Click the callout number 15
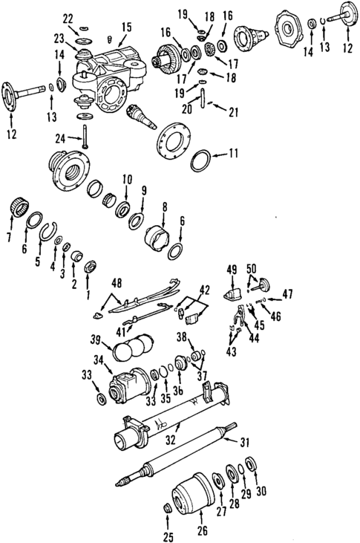(x=127, y=27)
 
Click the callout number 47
(x=287, y=295)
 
